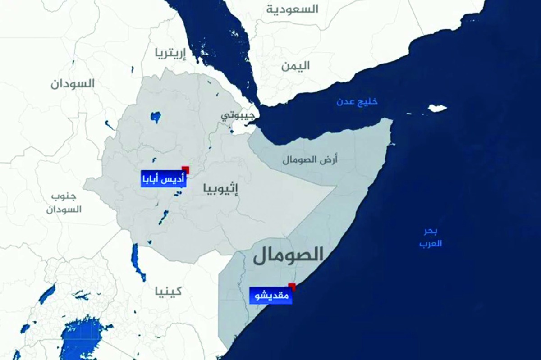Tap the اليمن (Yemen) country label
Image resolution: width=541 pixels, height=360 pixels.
coord(296,66)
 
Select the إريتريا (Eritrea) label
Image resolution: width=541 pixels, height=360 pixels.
coord(170,53)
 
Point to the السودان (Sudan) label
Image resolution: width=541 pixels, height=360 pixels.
coord(73,83)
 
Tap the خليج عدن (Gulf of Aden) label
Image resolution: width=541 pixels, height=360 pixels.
coord(357,102)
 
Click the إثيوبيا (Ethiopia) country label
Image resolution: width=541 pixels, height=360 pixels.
coord(220,189)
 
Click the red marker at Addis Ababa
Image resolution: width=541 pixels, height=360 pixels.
coord(185,169)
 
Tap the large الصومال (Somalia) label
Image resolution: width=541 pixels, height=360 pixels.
coord(288,255)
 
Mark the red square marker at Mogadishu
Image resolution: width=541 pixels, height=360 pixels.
coord(292,287)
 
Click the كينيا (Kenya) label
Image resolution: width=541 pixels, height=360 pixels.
coord(167,291)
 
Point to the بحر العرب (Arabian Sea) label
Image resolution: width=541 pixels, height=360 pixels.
coord(430,237)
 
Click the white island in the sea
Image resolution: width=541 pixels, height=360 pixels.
coord(437,109)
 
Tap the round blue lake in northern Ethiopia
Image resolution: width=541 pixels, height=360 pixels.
coord(156,118)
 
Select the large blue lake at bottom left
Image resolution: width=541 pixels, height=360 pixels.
coord(83,338)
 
